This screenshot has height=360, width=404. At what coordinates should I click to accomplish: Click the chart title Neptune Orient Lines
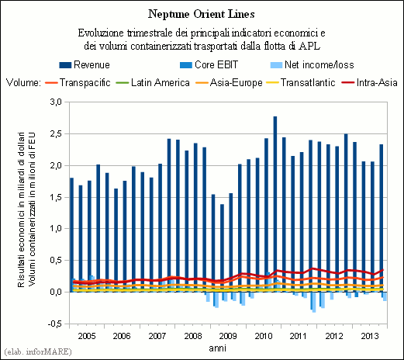click(202, 14)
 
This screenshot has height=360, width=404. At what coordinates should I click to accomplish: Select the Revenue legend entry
click(85, 64)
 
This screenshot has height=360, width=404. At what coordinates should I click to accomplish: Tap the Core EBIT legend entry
click(209, 64)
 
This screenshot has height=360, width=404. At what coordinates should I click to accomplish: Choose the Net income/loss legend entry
click(312, 64)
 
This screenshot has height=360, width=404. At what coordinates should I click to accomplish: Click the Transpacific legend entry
click(78, 83)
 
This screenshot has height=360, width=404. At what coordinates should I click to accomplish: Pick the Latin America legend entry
click(153, 83)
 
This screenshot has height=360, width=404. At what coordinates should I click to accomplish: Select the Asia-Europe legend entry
click(229, 83)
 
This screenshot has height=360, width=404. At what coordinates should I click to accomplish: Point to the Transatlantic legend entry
click(301, 83)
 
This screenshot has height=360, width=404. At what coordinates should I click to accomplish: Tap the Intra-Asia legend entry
click(369, 83)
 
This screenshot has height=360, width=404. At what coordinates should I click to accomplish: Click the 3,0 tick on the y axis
click(56, 102)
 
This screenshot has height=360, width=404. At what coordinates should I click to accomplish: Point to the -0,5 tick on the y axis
click(54, 324)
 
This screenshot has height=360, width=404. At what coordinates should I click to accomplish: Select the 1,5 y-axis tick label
click(56, 197)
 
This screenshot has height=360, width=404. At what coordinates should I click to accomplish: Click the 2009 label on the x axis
click(228, 336)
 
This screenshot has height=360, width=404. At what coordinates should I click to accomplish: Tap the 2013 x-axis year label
click(370, 336)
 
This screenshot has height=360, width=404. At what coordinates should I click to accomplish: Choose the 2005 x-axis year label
click(87, 336)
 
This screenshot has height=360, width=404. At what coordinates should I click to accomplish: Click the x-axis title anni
click(217, 348)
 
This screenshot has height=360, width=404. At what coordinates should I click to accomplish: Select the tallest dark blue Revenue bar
click(275, 204)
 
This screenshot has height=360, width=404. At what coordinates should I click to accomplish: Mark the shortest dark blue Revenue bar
click(222, 248)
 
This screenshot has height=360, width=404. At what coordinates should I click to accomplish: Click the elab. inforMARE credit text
click(38, 351)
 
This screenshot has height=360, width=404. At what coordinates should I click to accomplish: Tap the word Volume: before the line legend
click(23, 83)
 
